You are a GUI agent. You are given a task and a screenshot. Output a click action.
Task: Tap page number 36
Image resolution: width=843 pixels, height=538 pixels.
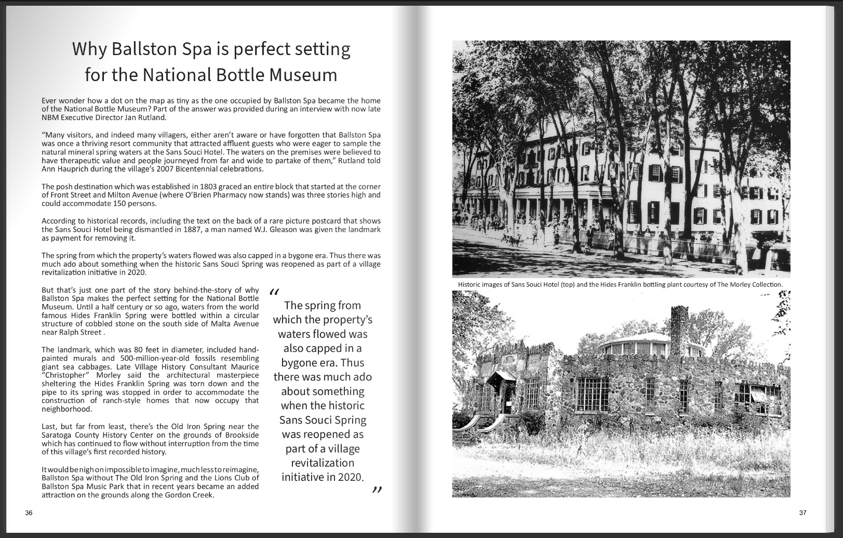(29, 513)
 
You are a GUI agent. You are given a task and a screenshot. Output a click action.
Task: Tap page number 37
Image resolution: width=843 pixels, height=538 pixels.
(802, 513)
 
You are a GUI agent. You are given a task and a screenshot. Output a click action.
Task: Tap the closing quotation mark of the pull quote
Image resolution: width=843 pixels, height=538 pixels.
(377, 490)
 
